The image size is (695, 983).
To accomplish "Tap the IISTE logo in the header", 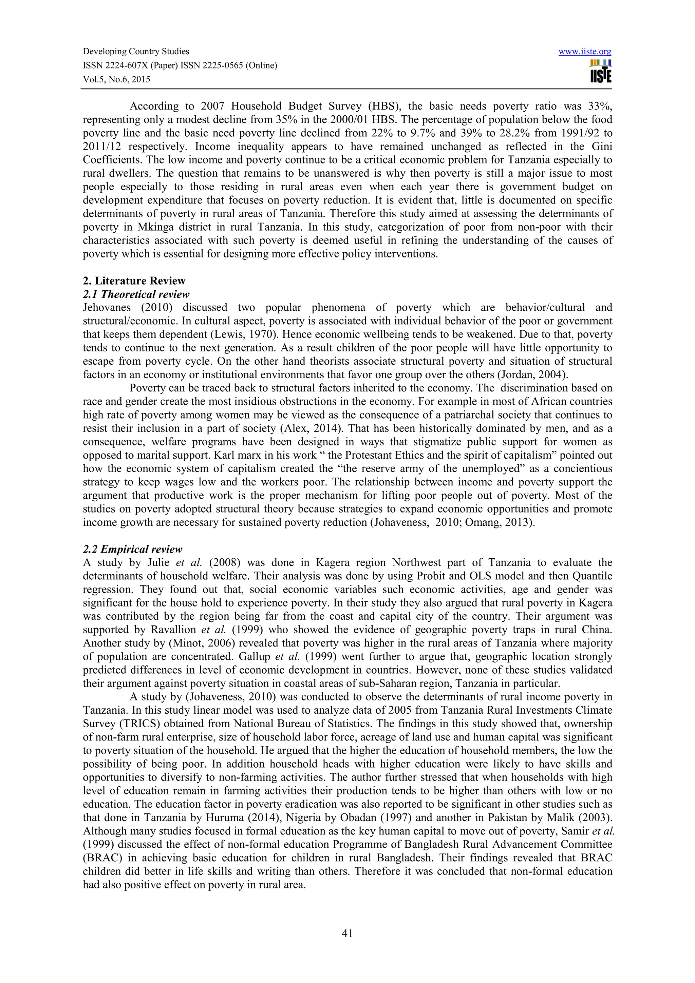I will coord(600,71).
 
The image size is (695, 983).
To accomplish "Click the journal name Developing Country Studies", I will coord(136,51).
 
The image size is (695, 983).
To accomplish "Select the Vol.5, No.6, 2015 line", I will coord(116,79).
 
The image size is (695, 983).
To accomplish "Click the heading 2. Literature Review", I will coord(134,281).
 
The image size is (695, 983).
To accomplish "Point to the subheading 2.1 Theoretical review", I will coord(136,294).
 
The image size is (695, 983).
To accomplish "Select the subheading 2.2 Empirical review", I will coord(132,549).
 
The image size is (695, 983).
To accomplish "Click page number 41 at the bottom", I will coord(347,934).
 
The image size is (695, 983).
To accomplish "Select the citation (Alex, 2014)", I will coord(307,428).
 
